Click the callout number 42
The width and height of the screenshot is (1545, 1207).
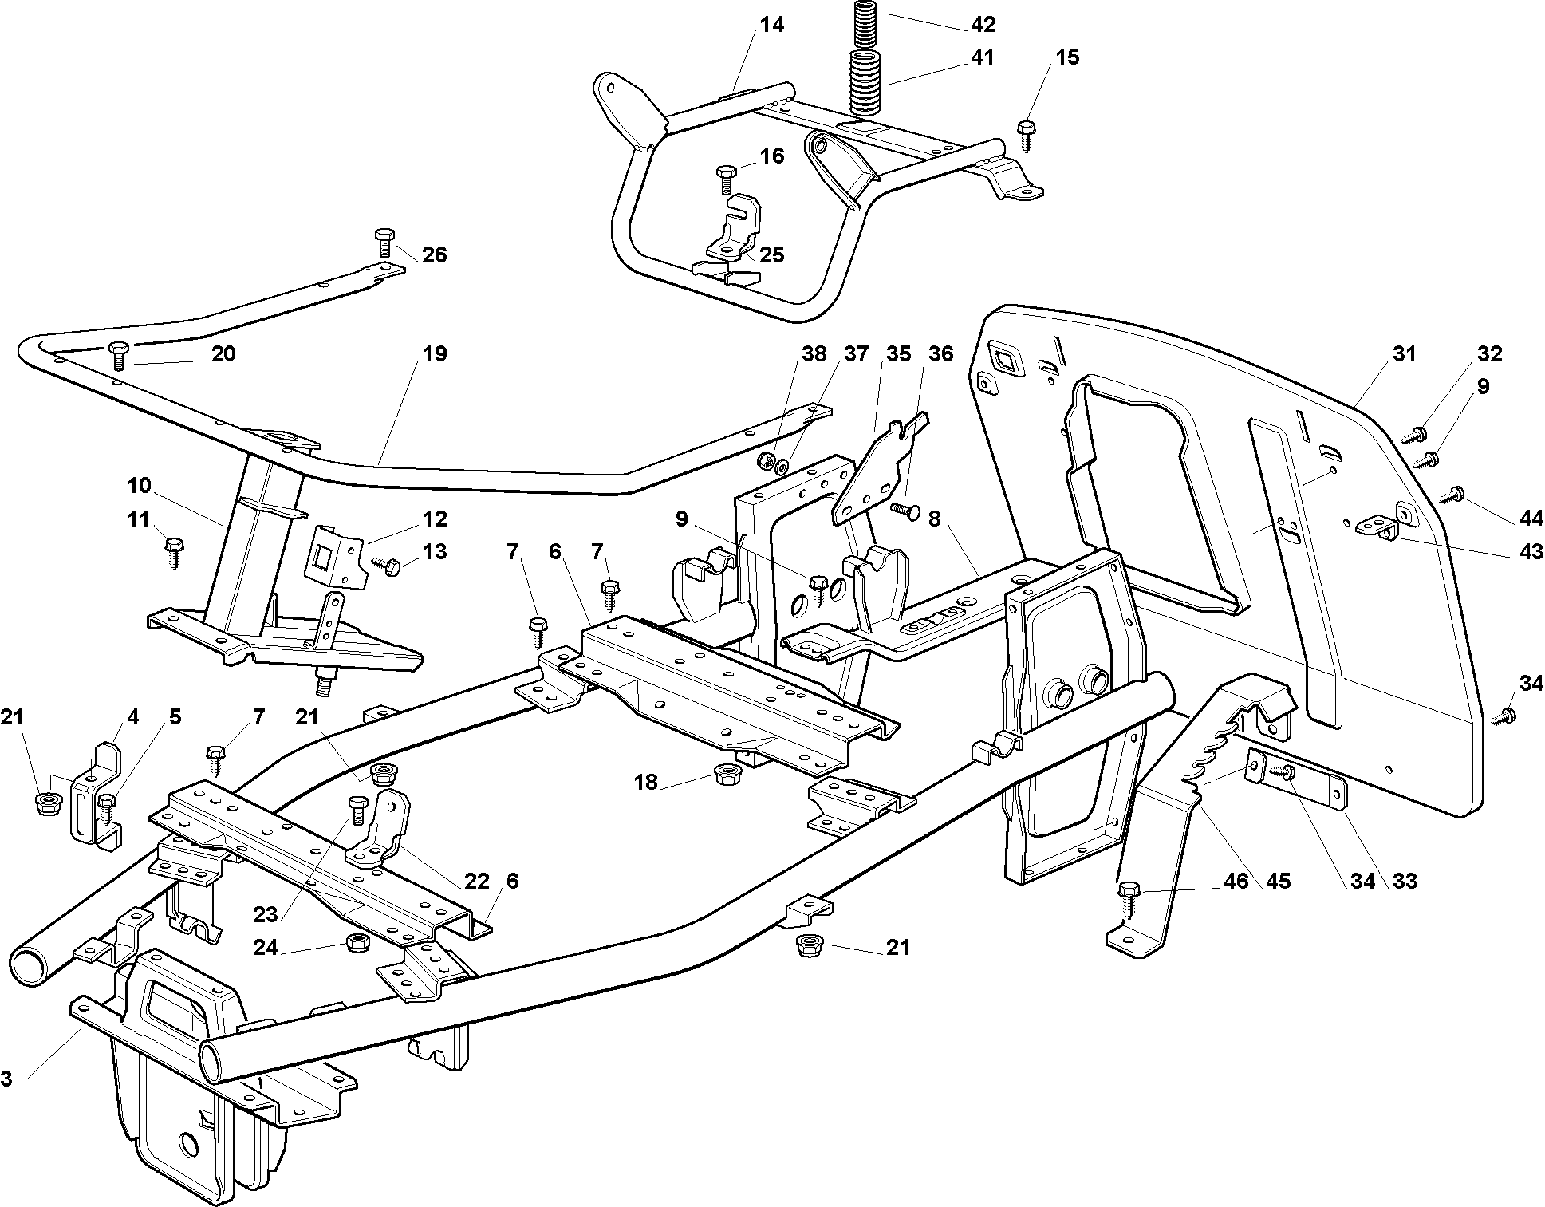click(x=983, y=25)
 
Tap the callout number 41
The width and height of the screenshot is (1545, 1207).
click(x=983, y=57)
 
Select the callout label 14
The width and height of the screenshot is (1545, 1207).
click(x=771, y=25)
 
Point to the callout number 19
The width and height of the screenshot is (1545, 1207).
click(x=435, y=353)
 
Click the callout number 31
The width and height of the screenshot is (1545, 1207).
click(x=1405, y=353)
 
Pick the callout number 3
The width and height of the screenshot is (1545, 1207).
click(x=6, y=1079)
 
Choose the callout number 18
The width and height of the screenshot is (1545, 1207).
click(x=646, y=783)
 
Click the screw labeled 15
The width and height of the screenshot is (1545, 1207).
click(x=1026, y=135)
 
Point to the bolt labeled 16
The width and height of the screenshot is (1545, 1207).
click(x=726, y=179)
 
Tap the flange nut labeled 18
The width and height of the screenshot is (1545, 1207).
click(x=726, y=773)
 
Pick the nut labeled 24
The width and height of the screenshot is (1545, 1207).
click(x=357, y=942)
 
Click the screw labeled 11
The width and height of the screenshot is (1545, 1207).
click(x=175, y=552)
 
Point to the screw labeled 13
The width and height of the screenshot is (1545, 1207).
click(x=388, y=567)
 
